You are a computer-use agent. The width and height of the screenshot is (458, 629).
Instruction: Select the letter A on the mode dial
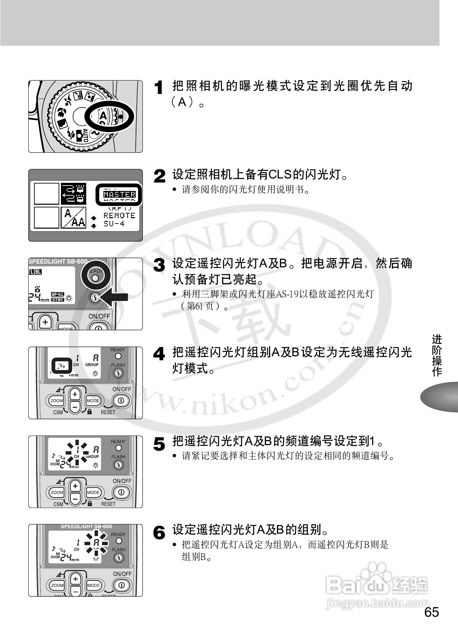103,116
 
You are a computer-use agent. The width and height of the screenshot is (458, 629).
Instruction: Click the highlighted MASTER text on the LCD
120,194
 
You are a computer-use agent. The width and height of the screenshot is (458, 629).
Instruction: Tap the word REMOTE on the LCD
119,216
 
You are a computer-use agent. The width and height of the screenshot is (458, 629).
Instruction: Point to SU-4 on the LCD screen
114,224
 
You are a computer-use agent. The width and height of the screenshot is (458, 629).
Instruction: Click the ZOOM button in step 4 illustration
57,401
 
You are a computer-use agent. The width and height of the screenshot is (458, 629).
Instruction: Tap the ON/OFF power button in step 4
121,401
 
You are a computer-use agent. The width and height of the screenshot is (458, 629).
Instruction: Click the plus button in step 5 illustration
75,486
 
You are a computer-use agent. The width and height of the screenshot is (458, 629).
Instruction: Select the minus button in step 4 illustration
75,407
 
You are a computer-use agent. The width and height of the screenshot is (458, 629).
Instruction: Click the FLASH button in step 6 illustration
118,558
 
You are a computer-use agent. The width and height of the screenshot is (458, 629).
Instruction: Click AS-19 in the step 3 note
287,294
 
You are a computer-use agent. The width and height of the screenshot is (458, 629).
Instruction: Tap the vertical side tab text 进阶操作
437,355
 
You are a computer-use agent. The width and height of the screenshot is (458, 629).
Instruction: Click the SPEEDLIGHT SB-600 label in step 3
58,261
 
